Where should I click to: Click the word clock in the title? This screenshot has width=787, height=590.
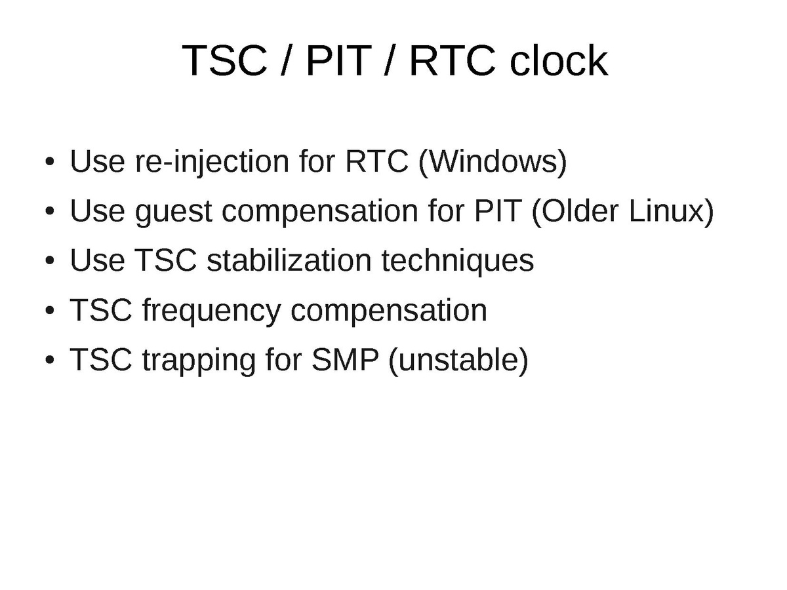(x=559, y=60)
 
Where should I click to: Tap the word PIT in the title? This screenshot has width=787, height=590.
(x=338, y=60)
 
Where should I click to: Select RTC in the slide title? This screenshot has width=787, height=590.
(x=452, y=60)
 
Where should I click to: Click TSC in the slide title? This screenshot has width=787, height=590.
(x=225, y=60)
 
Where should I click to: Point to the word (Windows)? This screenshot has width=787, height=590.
(x=493, y=161)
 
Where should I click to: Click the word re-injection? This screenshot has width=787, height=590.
(x=212, y=162)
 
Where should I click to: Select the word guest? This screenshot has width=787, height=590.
(x=174, y=212)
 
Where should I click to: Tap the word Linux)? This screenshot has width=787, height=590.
(x=671, y=210)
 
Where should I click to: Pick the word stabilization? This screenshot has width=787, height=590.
(x=289, y=260)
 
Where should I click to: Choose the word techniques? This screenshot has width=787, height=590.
(x=458, y=261)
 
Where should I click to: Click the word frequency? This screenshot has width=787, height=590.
(x=212, y=311)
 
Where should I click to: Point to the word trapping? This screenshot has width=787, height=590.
(x=199, y=361)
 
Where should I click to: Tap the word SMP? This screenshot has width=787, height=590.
(x=345, y=359)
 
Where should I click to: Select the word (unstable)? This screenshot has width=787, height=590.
(x=458, y=360)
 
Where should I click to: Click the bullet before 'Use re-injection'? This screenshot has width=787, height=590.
(x=50, y=161)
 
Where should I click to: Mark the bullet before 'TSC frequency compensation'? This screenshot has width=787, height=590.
(x=50, y=310)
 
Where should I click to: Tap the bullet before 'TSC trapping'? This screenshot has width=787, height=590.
(x=50, y=360)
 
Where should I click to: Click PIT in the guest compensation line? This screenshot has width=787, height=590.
(x=498, y=210)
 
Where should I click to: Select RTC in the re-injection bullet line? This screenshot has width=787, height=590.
(x=377, y=161)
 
